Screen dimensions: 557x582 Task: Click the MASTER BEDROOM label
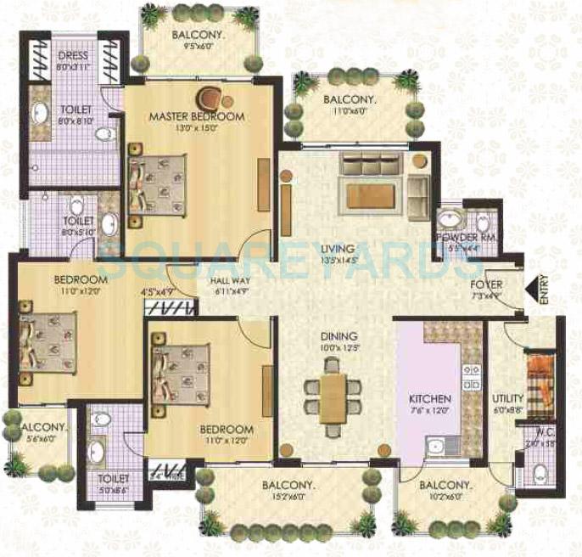pyautogui.click(x=196, y=115)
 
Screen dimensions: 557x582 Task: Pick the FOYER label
pyautogui.click(x=487, y=284)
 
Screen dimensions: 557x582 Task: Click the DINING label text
pyautogui.click(x=339, y=336)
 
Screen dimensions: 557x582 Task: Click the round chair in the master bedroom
pyautogui.click(x=208, y=96)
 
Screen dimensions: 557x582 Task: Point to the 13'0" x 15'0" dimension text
pyautogui.click(x=196, y=128)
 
